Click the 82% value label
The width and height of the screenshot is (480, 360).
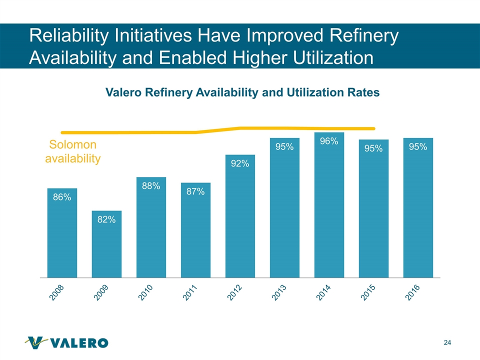point(106,219)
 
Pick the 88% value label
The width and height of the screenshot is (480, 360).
point(151,186)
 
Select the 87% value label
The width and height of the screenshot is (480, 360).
point(195,191)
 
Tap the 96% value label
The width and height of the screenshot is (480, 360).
point(329,141)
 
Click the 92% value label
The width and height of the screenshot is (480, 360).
point(240,163)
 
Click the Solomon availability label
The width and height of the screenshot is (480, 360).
point(73,152)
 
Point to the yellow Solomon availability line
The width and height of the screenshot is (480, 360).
point(150,132)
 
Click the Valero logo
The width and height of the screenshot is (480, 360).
point(66,342)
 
